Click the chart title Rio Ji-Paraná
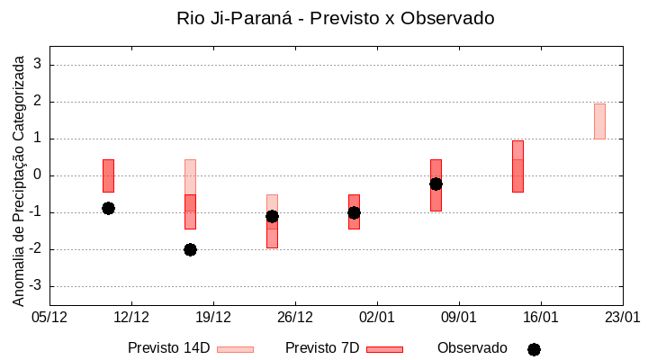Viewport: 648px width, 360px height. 335,18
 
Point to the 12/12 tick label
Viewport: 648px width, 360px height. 131,317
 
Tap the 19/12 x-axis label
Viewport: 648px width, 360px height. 213,317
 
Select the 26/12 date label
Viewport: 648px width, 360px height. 295,317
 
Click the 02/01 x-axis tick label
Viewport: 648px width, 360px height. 377,317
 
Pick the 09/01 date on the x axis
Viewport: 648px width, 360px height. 459,317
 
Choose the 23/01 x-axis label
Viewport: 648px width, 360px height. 622,317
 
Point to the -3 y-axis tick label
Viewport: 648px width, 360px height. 37,286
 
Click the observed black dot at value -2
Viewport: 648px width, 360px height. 190,249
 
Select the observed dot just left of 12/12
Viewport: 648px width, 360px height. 108,208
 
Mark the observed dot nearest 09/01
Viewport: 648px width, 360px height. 436,184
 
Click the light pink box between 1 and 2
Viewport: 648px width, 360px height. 599,121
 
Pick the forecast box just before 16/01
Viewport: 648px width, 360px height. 517,166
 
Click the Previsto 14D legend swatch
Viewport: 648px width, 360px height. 235,349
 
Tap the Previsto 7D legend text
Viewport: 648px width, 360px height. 321,348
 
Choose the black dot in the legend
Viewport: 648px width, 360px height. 534,349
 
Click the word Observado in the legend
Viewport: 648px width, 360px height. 472,348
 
